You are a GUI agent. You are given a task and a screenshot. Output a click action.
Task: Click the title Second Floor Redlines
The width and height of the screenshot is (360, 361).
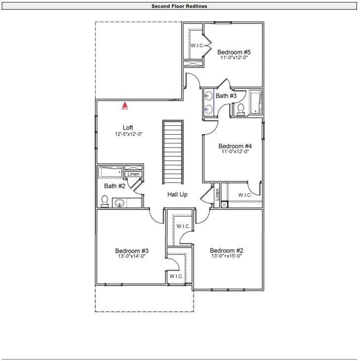tap(180, 6)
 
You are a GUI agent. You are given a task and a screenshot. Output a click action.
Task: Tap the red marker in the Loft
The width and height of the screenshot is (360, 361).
tap(125, 105)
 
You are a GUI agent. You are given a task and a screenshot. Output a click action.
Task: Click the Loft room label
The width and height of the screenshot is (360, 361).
tap(128, 128)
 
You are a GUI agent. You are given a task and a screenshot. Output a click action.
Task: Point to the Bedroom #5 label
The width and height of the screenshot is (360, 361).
tap(234, 52)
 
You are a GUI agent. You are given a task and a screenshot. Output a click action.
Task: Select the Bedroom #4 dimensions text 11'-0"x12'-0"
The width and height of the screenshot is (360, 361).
tap(235, 152)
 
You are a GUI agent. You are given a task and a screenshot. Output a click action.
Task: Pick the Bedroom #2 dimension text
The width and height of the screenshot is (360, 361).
tap(226, 256)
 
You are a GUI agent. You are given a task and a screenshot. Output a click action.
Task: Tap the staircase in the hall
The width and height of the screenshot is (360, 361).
tap(173, 152)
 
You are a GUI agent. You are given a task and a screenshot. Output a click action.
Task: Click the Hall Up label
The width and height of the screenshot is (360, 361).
tap(177, 195)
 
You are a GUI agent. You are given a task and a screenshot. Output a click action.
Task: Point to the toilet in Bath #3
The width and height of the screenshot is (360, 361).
tap(241, 109)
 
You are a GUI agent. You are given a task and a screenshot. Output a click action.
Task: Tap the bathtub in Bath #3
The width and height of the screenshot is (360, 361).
tap(255, 102)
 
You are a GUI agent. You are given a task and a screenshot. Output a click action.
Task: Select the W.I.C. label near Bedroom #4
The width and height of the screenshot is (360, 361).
tap(245, 195)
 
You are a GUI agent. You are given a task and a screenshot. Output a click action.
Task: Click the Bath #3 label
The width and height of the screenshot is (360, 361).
tap(226, 96)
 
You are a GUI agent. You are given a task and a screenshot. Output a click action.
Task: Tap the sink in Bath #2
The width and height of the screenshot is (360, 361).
tap(119, 202)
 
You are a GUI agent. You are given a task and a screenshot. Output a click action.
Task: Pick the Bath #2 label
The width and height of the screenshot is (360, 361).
tap(114, 186)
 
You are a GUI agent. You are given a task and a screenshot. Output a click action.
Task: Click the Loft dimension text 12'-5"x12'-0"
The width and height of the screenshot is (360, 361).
tap(128, 134)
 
